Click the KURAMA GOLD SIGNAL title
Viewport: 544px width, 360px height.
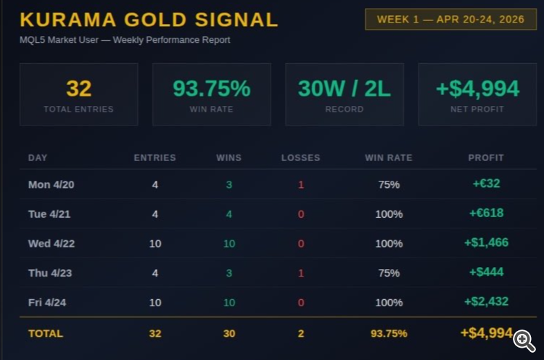coord(149,20)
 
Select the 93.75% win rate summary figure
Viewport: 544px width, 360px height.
coord(211,89)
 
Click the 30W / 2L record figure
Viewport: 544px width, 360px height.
coord(344,89)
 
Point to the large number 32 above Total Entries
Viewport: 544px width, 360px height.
coord(78,89)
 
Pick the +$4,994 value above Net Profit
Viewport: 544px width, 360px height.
coord(477,89)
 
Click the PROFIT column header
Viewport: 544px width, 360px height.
coord(486,157)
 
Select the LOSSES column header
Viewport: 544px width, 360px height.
coord(300,157)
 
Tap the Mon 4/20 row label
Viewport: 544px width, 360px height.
coord(51,184)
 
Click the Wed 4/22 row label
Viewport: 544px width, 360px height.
coord(51,243)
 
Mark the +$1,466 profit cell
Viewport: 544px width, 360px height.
coord(486,242)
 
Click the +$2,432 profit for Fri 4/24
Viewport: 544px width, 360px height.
coord(486,301)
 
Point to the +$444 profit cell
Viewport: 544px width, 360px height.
coord(486,272)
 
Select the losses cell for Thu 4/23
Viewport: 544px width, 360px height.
coord(301,273)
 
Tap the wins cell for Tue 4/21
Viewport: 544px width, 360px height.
coord(229,214)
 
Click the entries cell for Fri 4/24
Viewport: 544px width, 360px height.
coord(155,302)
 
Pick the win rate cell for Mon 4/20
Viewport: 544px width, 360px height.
coord(389,184)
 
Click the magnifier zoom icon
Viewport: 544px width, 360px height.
coord(524,339)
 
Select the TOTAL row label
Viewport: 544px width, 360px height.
coord(46,333)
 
